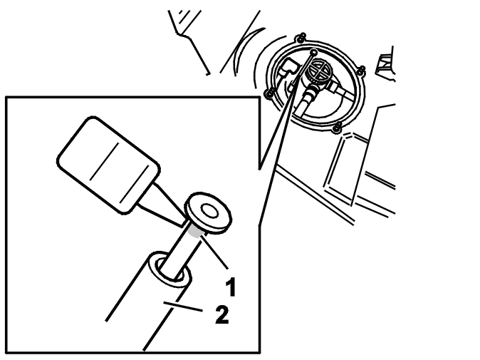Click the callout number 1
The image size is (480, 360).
coord(231,287)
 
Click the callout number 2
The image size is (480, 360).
coord(222,314)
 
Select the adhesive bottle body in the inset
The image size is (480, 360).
coord(109,165)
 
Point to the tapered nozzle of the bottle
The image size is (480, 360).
coord(162,205)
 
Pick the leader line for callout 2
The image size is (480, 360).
coord(182,307)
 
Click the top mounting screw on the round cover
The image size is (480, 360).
coord(301,37)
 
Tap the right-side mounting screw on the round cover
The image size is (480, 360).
coord(362,70)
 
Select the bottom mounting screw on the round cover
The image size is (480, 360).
coord(337,127)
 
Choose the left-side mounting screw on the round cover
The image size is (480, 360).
coord(269,93)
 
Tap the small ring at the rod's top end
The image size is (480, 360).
coord(313,53)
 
